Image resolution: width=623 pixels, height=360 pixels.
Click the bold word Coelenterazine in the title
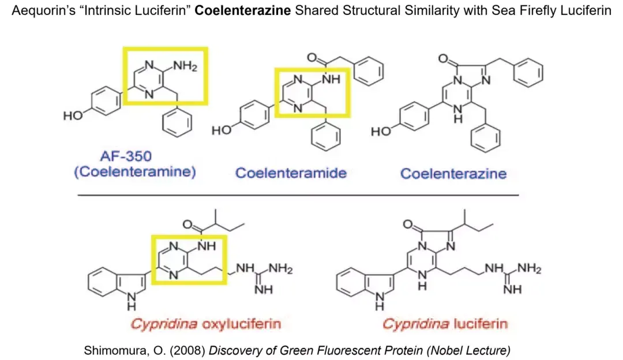pos(242,11)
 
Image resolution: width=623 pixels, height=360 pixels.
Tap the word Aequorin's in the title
pos(36,11)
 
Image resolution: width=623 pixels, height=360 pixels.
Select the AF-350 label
pos(133,156)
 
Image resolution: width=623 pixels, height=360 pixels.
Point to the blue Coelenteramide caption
pos(291,172)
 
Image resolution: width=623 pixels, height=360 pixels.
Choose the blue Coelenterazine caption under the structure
pos(453,173)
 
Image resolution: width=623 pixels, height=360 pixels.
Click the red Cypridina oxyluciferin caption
pos(206,323)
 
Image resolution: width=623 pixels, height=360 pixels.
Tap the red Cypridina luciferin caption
pos(445,323)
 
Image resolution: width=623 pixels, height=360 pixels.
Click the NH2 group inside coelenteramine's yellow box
pos(186,67)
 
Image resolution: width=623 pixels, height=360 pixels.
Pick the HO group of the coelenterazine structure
pos(381,131)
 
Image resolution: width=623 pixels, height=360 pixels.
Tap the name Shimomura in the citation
pos(111,350)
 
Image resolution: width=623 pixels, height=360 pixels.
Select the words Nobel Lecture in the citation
pos(472,350)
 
